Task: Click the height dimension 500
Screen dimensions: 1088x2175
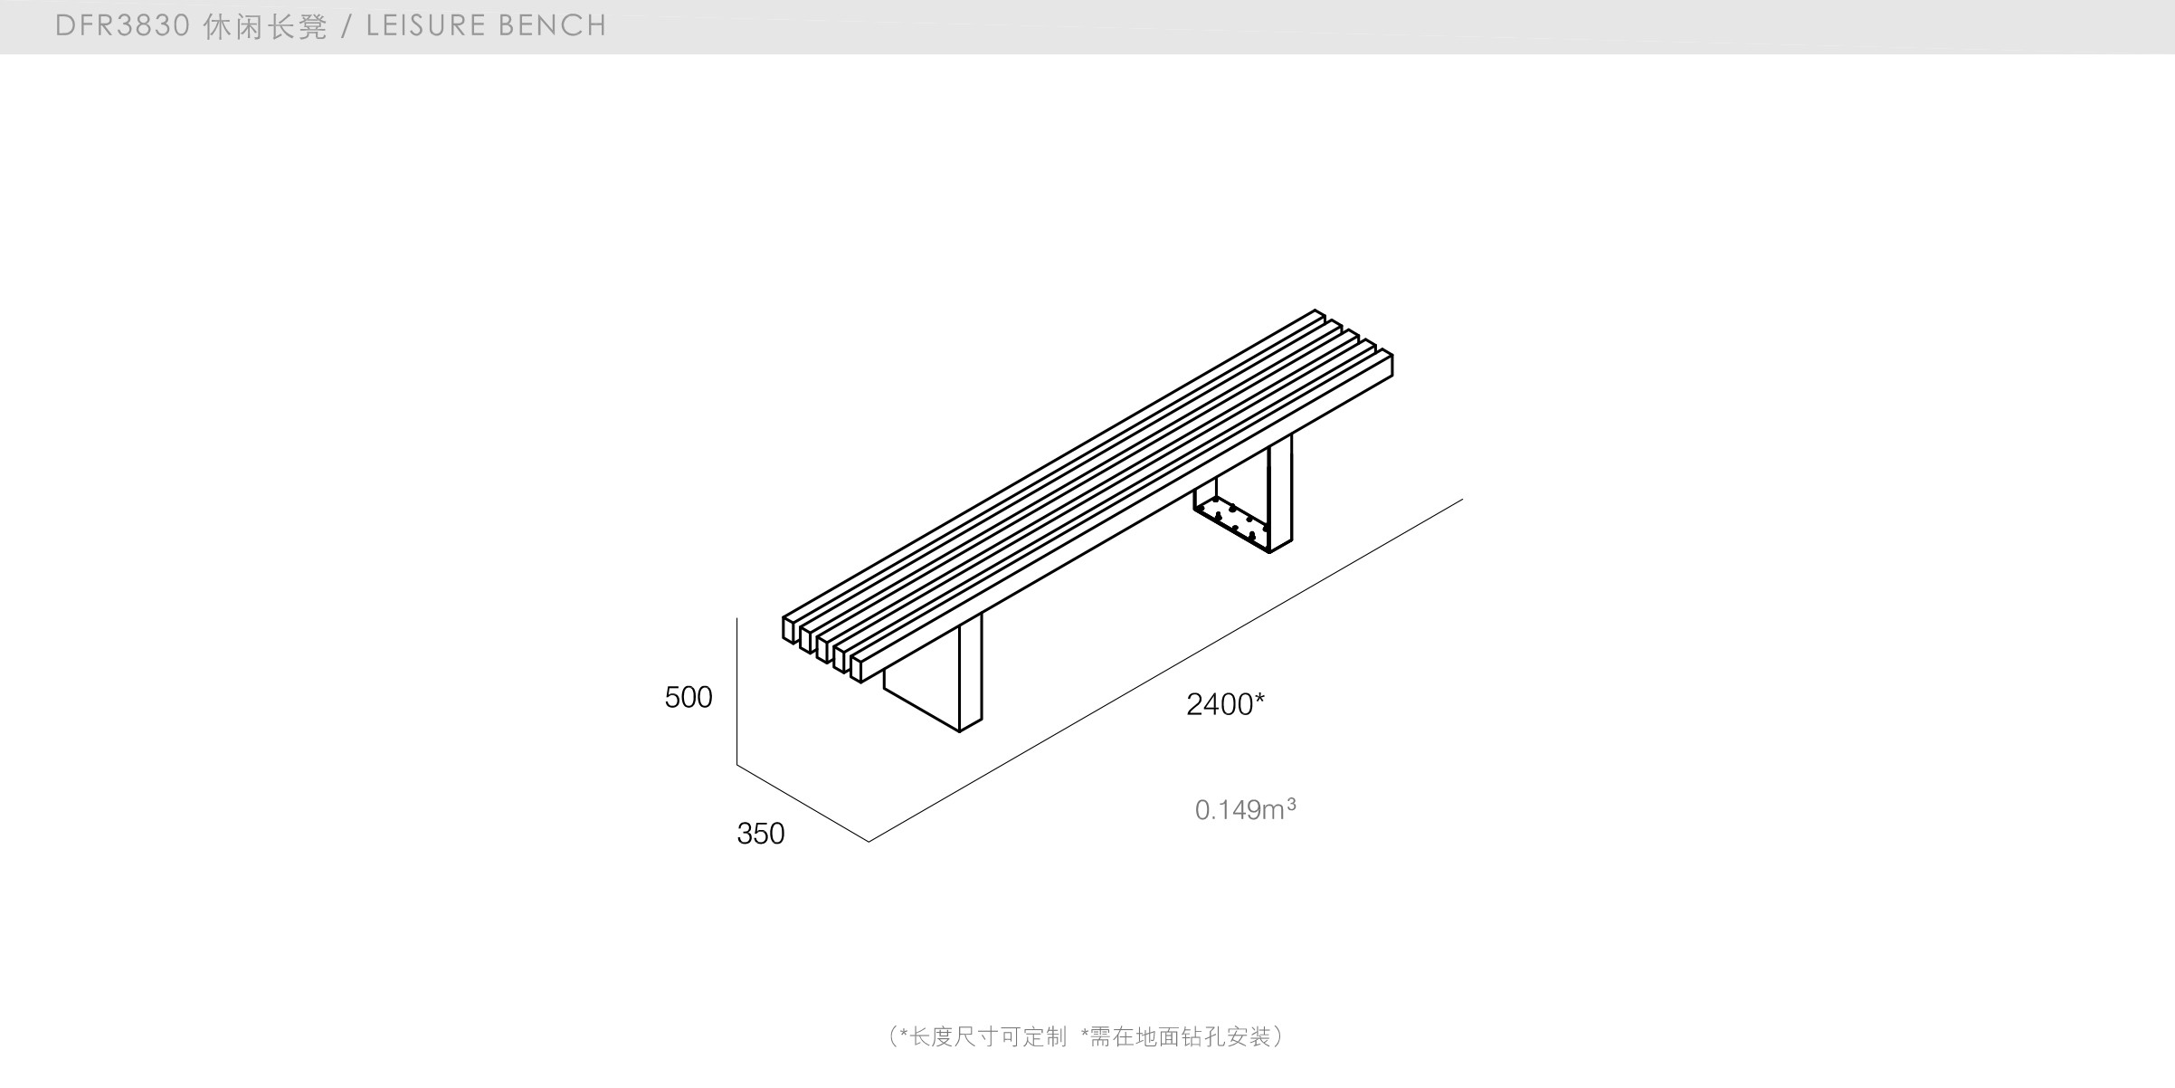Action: pyautogui.click(x=688, y=697)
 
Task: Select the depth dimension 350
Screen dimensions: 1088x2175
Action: pyautogui.click(x=760, y=834)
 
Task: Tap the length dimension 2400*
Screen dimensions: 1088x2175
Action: pyautogui.click(x=1224, y=704)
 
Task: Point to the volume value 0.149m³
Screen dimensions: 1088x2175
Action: pyautogui.click(x=1244, y=809)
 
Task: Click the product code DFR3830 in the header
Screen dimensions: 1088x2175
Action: pyautogui.click(x=122, y=26)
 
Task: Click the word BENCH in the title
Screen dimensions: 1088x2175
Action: pyautogui.click(x=551, y=26)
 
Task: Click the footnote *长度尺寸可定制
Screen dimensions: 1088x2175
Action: pyautogui.click(x=982, y=1036)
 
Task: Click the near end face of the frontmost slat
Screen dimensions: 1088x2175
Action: pyautogui.click(x=856, y=668)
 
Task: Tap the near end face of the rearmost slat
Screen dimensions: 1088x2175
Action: pyautogui.click(x=789, y=629)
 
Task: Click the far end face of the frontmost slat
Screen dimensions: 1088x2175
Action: pyautogui.click(x=1390, y=366)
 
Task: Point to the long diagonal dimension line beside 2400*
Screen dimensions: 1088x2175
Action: pyautogui.click(x=1167, y=670)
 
